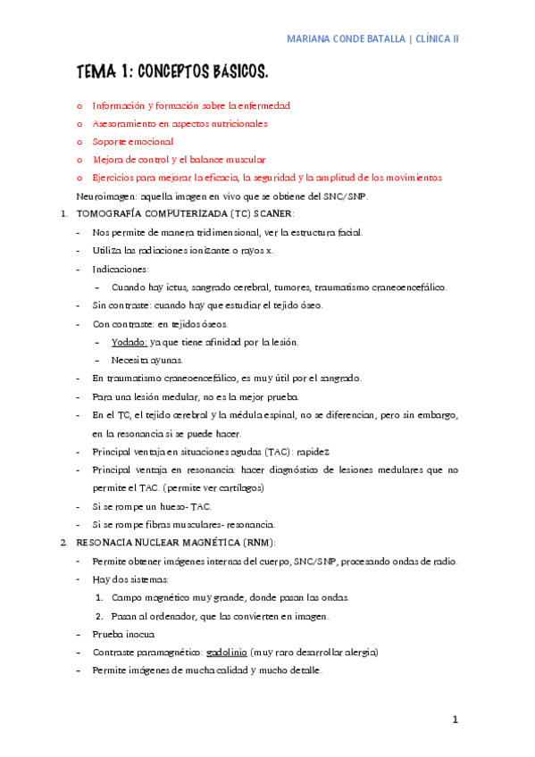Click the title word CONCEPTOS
(x=175, y=71)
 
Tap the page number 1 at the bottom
(x=455, y=720)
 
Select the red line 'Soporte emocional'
(x=133, y=141)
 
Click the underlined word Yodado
(x=130, y=342)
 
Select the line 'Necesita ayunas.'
(x=146, y=360)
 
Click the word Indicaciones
(x=121, y=269)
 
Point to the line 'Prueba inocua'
(x=123, y=634)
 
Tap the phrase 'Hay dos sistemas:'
(x=130, y=579)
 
